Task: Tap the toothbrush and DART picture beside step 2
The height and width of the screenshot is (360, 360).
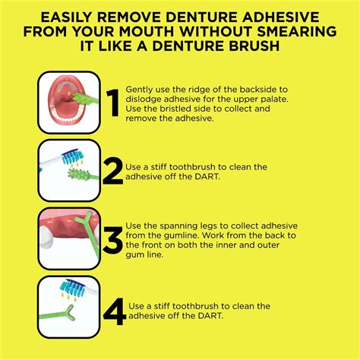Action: point(68,170)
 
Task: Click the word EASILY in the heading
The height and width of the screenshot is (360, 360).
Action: point(67,17)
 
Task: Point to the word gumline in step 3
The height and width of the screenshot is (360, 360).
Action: point(171,236)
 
